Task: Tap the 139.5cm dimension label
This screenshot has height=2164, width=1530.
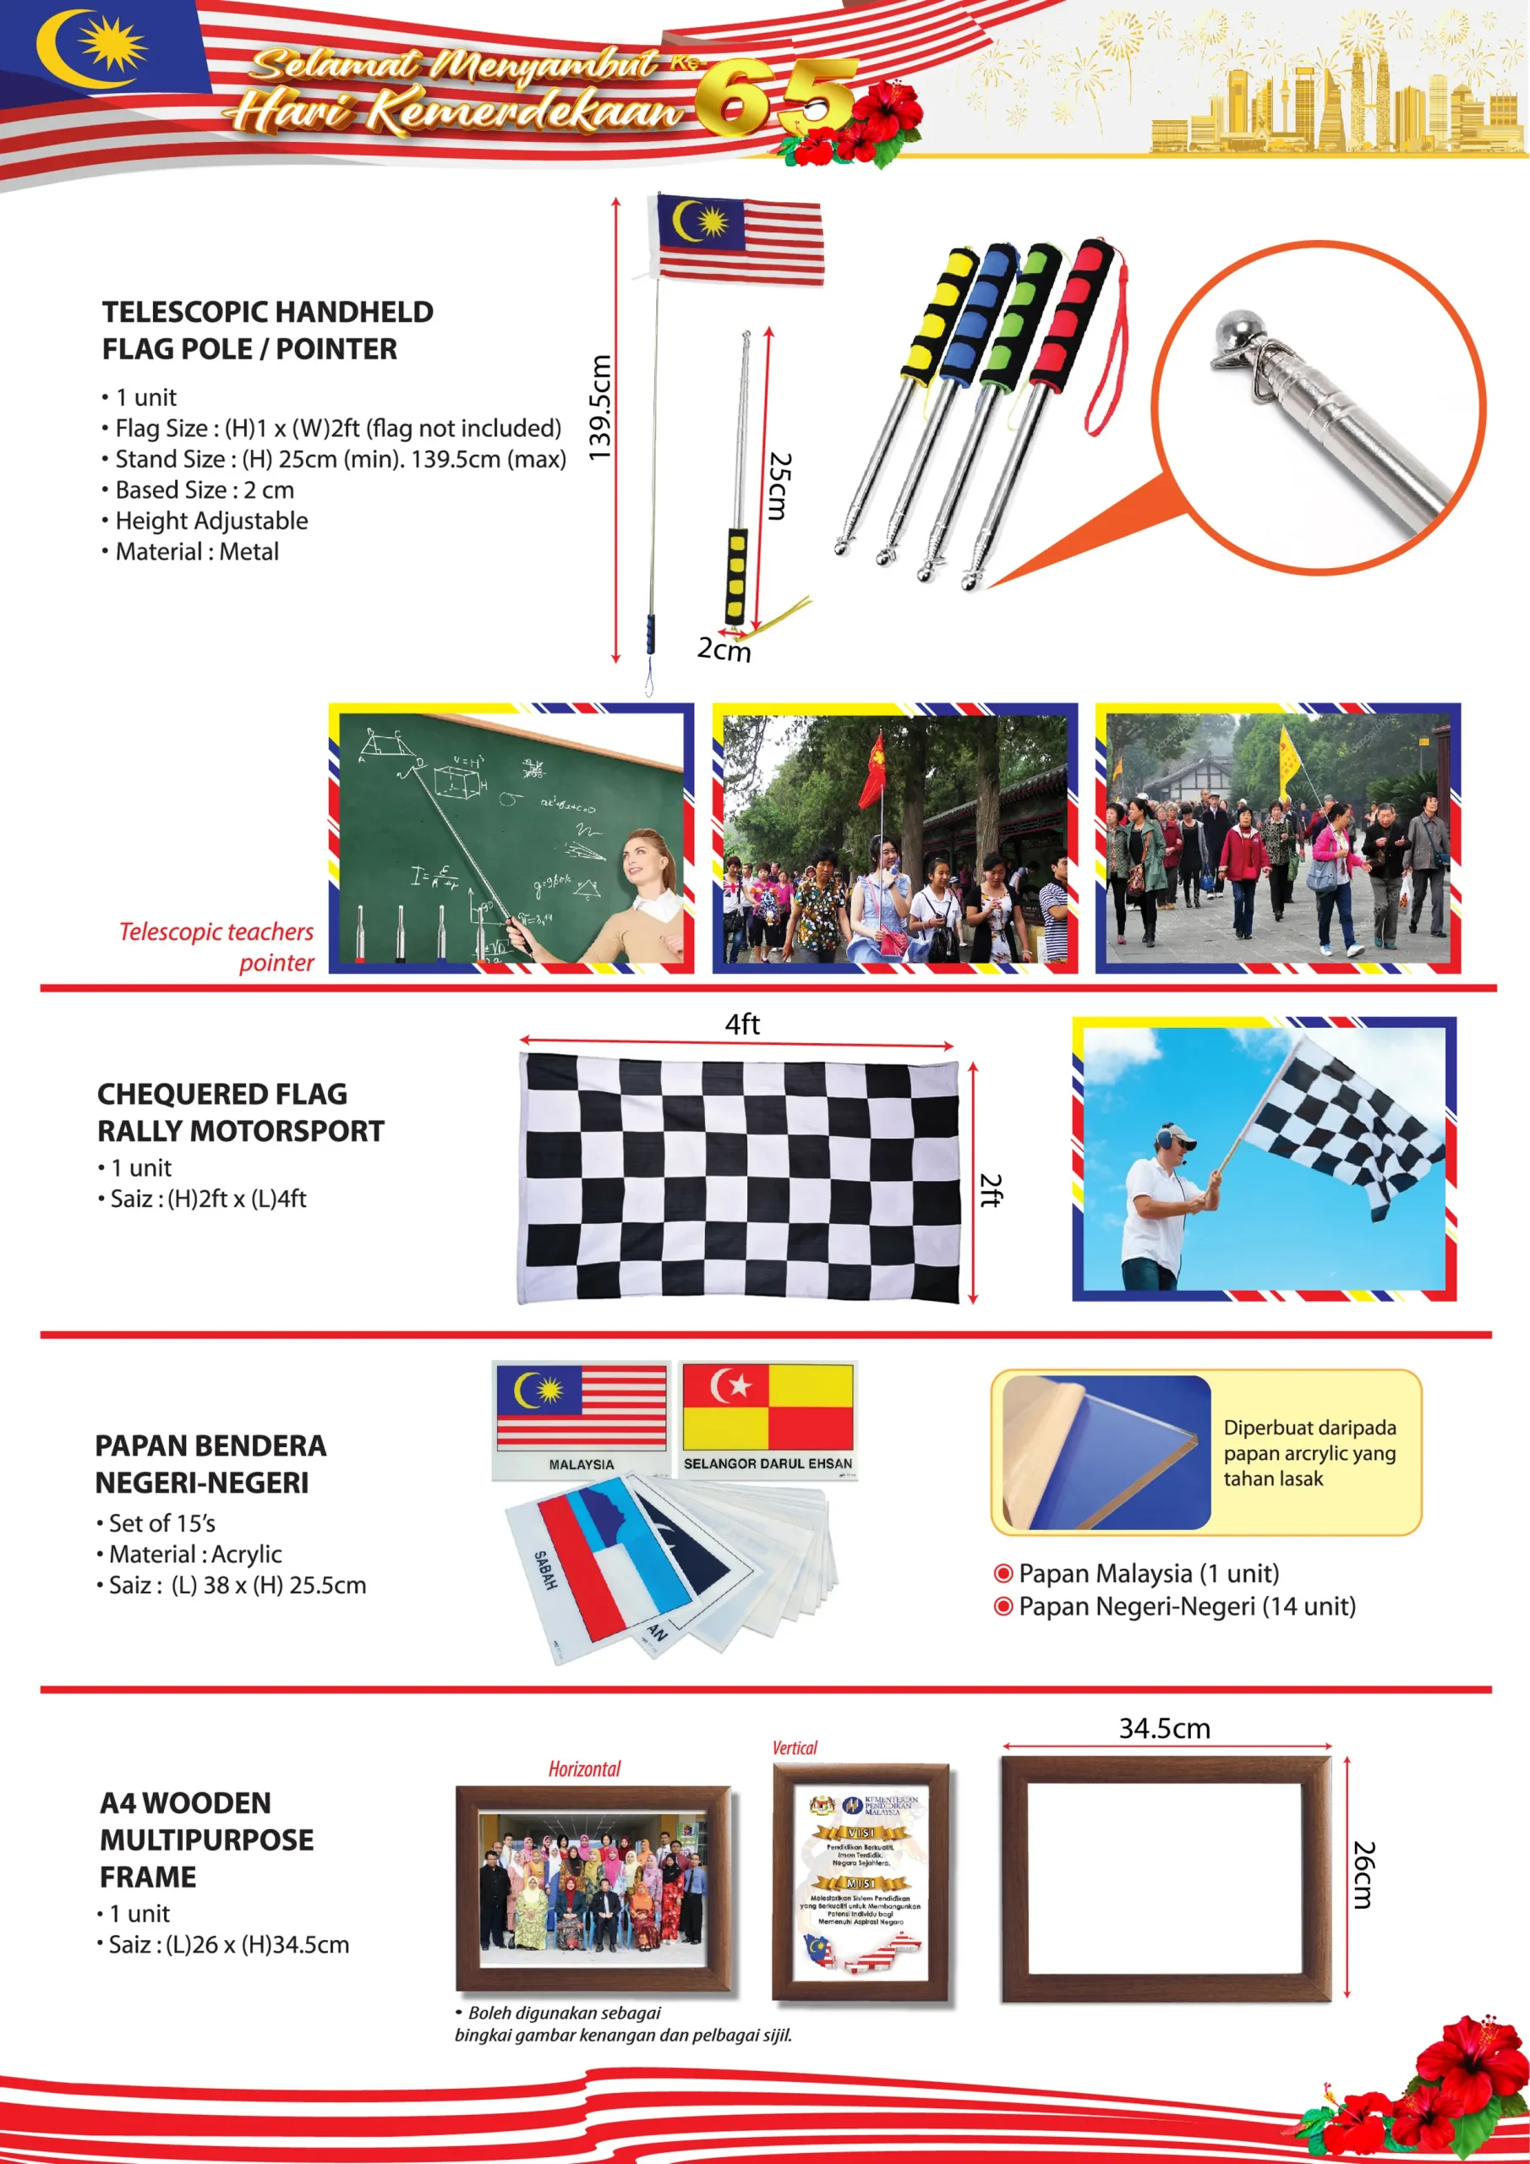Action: coord(599,407)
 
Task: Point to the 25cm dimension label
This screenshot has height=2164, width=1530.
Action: coord(779,485)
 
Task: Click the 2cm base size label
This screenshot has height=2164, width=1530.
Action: coord(723,648)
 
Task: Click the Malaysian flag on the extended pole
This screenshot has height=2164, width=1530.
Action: coord(739,238)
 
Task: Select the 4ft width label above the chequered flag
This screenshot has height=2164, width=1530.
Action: coord(742,1024)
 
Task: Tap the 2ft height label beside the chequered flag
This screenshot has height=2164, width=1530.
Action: coord(990,1189)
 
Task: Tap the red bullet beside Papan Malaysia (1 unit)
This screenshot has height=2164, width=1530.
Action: coord(1003,1573)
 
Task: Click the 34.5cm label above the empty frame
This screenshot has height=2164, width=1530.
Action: coord(1163,1728)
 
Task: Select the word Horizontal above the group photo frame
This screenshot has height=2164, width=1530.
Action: coord(584,1768)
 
